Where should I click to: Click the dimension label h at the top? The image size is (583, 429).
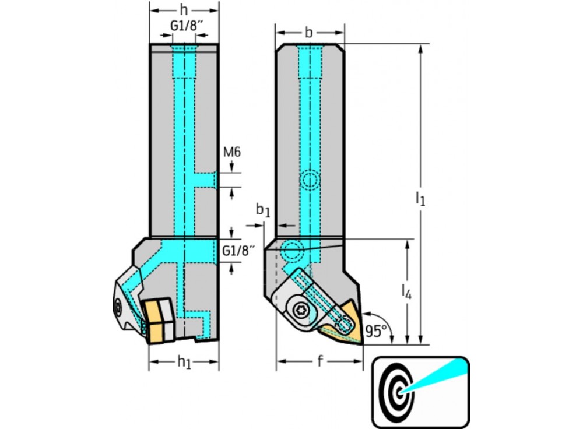click(x=184, y=10)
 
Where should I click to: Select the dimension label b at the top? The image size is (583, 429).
click(x=309, y=33)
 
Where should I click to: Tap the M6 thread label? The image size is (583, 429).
click(x=232, y=152)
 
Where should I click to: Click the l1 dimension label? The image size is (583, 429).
click(x=420, y=198)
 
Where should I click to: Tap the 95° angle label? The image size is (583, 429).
click(x=376, y=332)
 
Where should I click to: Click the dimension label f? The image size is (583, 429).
click(x=320, y=362)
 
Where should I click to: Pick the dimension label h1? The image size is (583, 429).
click(x=184, y=363)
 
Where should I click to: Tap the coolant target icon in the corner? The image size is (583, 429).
click(x=420, y=392)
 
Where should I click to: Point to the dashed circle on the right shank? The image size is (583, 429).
click(x=310, y=181)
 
